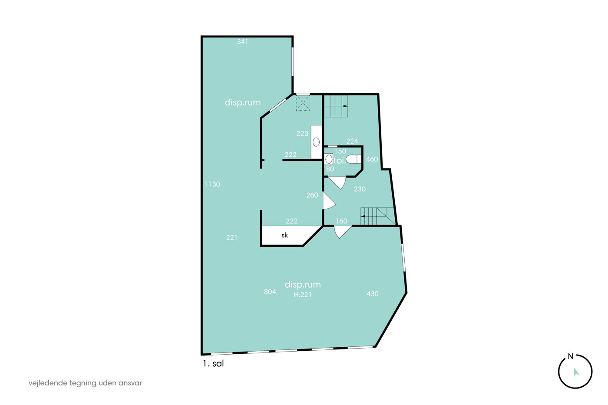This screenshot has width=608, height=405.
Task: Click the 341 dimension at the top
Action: pyautogui.click(x=242, y=42)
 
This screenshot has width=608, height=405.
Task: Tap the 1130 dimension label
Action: pyautogui.click(x=212, y=184)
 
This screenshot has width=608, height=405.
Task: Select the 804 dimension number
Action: pyautogui.click(x=270, y=292)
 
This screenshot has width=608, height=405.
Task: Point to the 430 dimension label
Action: pyautogui.click(x=373, y=294)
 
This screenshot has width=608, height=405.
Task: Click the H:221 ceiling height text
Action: pyautogui.click(x=303, y=295)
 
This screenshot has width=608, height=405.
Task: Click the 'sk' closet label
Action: pyautogui.click(x=284, y=235)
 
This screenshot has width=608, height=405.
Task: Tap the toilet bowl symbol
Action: pyautogui.click(x=354, y=159)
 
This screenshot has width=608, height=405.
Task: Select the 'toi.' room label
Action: pyautogui.click(x=340, y=161)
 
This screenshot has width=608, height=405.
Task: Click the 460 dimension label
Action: pyautogui.click(x=372, y=159)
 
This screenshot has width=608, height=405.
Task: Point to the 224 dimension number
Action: pyautogui.click(x=352, y=141)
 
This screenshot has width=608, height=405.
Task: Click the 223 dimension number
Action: pyautogui.click(x=302, y=133)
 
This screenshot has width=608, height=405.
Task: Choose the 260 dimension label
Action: pyautogui.click(x=312, y=195)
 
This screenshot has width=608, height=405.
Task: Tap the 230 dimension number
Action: pyautogui.click(x=360, y=189)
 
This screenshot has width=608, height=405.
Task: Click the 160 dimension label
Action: pyautogui.click(x=341, y=221)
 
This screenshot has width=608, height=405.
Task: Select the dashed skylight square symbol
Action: pyautogui.click(x=303, y=103)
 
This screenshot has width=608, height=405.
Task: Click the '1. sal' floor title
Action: pyautogui.click(x=213, y=363)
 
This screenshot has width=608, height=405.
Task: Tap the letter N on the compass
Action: pyautogui.click(x=571, y=356)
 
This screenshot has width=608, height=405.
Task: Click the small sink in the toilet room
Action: pyautogui.click(x=328, y=159)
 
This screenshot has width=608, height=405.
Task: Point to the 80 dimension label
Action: pyautogui.click(x=330, y=169)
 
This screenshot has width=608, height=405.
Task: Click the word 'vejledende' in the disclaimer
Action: pyautogui.click(x=47, y=383)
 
